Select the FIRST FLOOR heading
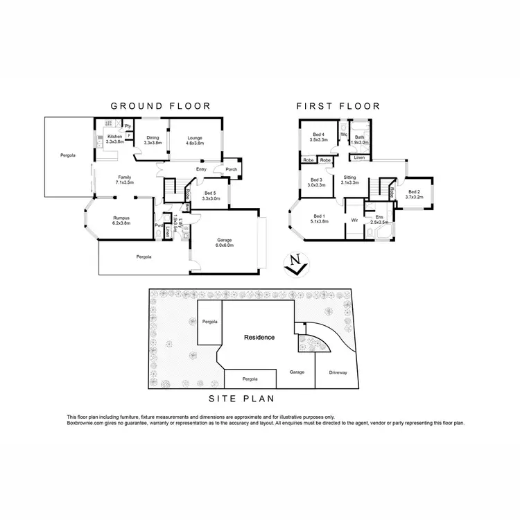coord(338,106)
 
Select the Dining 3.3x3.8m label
coord(152,140)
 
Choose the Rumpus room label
coord(122,220)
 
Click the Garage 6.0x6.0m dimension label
coord(223,243)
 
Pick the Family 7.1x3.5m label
coord(125,179)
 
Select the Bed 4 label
coord(318,137)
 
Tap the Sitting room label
coord(350,180)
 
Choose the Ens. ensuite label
coord(379,220)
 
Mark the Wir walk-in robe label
coord(354,220)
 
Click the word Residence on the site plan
coord(259,338)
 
